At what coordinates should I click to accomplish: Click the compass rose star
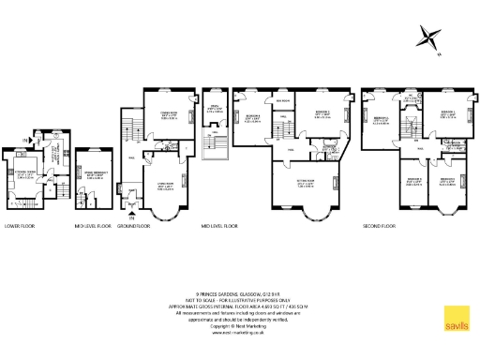pos(430,38)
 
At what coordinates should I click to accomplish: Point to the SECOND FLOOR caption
pos(381,226)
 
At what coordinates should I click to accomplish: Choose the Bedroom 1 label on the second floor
pos(447,114)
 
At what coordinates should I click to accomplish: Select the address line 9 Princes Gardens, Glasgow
pos(239,292)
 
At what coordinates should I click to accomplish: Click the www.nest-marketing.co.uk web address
pos(239,332)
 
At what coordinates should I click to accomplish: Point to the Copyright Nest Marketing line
pos(239,325)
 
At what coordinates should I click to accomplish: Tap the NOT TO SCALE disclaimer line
pos(239,299)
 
